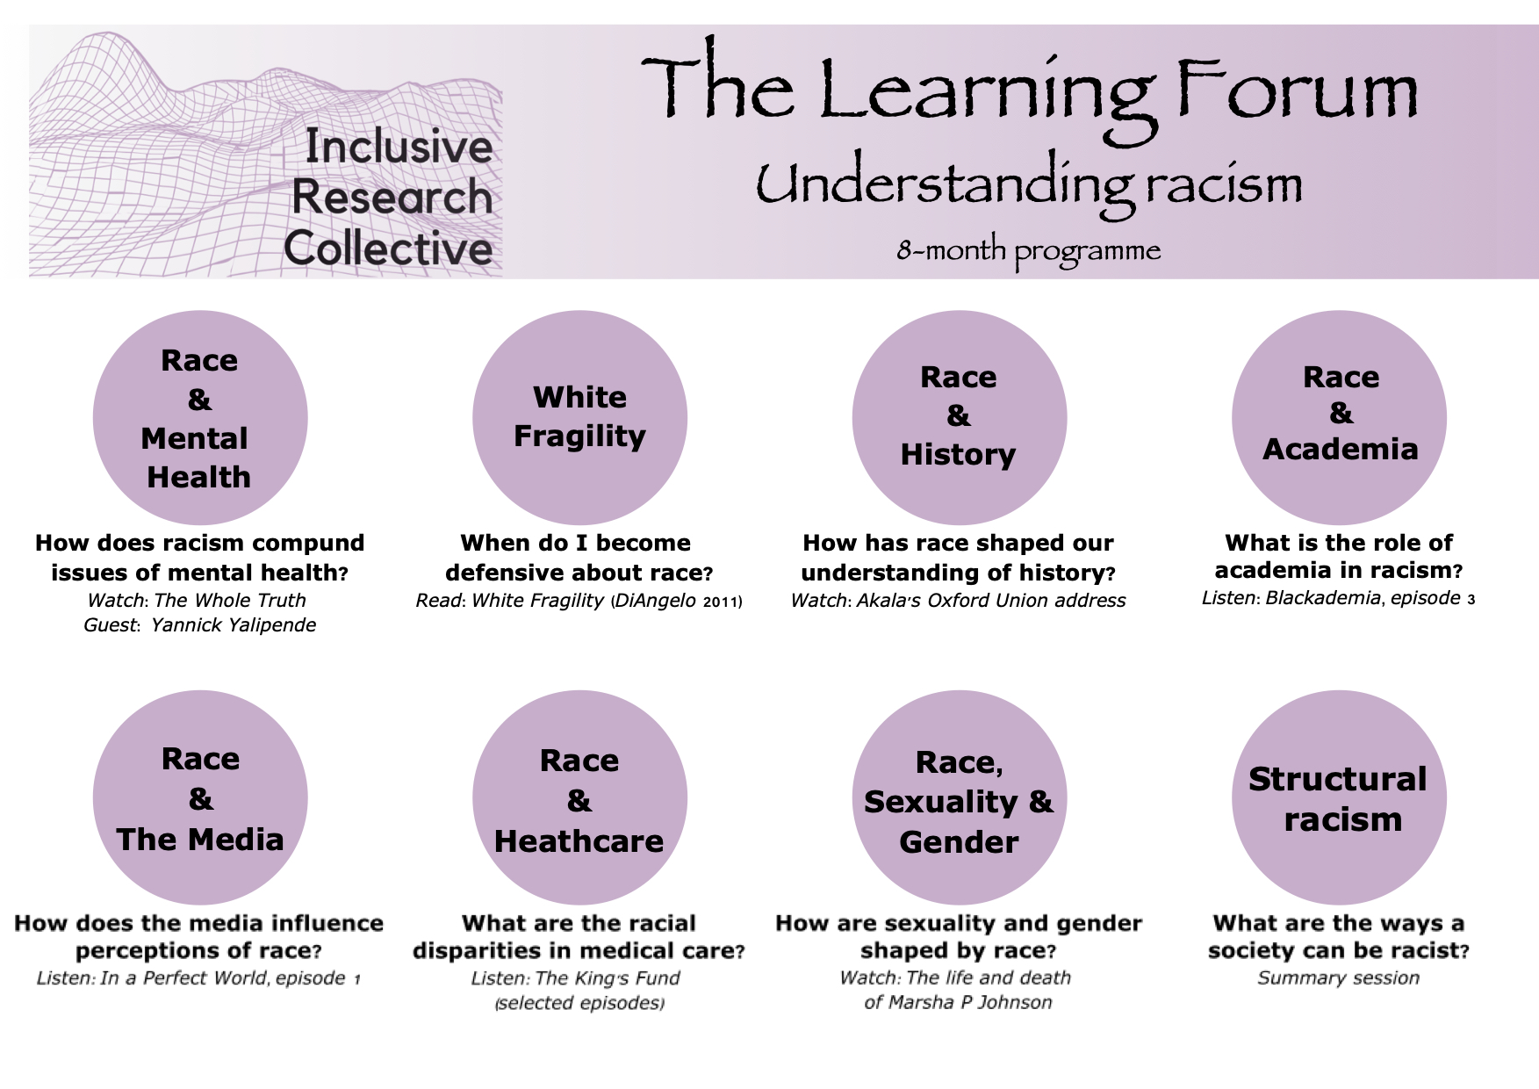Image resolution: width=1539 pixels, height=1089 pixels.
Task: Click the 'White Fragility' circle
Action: coord(579,417)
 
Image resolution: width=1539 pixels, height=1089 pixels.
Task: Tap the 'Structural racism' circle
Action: coord(1339,797)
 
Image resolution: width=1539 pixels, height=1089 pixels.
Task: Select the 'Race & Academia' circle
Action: coord(1339,417)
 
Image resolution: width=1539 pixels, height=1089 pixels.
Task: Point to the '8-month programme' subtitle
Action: coord(1028,252)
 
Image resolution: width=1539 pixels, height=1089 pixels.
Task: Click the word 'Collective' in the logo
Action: coord(388,248)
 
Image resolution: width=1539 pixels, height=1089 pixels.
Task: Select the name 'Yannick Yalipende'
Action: coord(234,625)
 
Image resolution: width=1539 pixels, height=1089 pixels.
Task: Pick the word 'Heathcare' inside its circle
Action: coord(579,841)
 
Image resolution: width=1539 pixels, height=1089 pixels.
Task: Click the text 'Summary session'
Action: coord(1338,977)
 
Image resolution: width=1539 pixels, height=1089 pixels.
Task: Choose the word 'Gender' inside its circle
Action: coord(959,842)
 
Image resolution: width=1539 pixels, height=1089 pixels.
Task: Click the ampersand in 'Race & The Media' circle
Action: coord(200,799)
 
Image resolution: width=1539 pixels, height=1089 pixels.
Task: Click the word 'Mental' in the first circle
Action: coord(194,438)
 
